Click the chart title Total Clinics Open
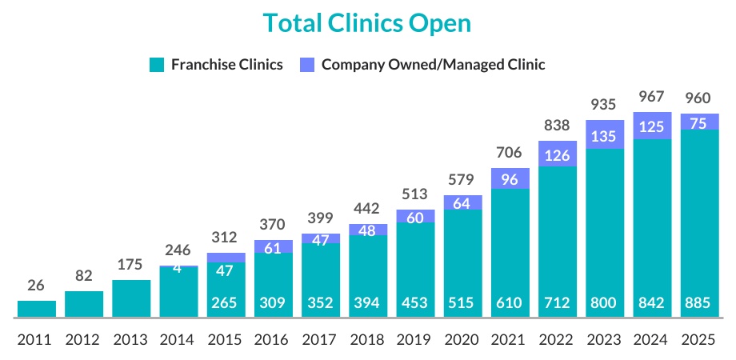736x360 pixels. pyautogui.click(x=367, y=24)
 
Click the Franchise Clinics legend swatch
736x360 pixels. pyautogui.click(x=157, y=65)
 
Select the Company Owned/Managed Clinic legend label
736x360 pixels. pyautogui.click(x=433, y=65)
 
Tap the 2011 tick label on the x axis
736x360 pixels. pyautogui.click(x=37, y=339)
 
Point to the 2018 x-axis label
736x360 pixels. pyautogui.click(x=368, y=339)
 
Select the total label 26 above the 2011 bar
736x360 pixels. pyautogui.click(x=37, y=286)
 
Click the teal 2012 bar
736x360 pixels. pyautogui.click(x=84, y=304)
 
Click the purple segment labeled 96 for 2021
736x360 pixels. pyautogui.click(x=510, y=179)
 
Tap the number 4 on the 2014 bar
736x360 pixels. pyautogui.click(x=178, y=269)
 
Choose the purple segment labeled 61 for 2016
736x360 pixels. pyautogui.click(x=274, y=246)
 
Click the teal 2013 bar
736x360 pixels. pyautogui.click(x=131, y=298)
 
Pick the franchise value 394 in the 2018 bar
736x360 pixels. pyautogui.click(x=368, y=303)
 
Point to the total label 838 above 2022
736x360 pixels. pyautogui.click(x=558, y=126)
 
